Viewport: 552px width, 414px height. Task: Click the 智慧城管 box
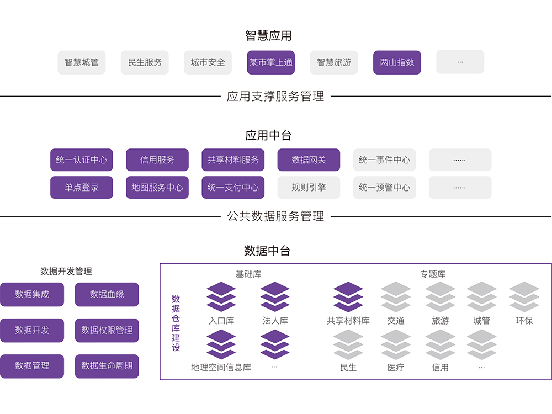(81, 62)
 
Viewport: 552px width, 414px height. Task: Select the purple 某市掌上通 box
(271, 62)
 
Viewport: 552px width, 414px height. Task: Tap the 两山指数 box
(397, 62)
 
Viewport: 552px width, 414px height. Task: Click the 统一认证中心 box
(82, 160)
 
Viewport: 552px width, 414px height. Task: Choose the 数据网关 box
(309, 160)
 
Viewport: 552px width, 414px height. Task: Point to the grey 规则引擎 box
(309, 188)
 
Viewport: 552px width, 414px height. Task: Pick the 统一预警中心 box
(384, 188)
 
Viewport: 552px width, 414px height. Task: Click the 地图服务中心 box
(157, 188)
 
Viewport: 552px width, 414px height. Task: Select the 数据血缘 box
(107, 295)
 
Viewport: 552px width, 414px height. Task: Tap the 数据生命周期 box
(107, 366)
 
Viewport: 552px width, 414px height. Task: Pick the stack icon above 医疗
(396, 344)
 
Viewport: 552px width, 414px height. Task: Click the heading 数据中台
(267, 251)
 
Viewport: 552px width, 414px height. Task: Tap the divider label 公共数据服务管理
(275, 216)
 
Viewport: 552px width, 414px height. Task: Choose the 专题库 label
(433, 274)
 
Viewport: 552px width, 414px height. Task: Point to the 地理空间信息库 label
(221, 368)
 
